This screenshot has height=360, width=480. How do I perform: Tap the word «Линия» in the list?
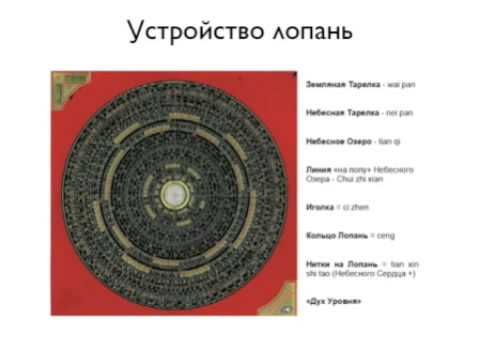[319, 169]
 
